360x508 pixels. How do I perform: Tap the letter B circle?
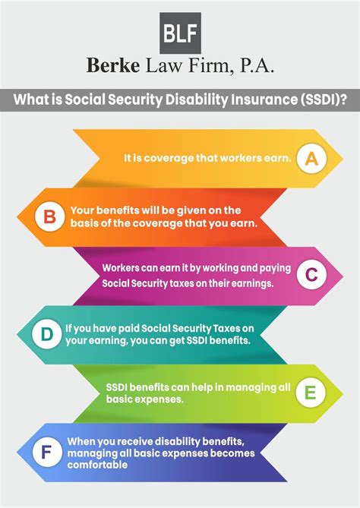49,218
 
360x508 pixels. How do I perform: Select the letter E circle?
308,393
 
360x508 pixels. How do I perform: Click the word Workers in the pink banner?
124,269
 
